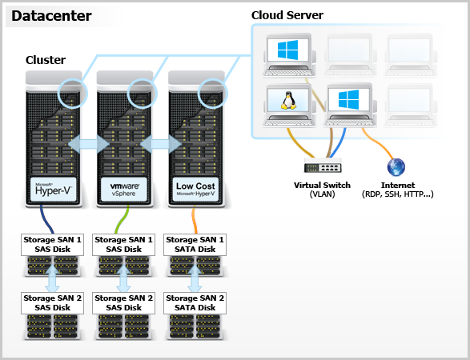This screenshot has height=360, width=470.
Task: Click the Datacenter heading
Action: [x=51, y=16]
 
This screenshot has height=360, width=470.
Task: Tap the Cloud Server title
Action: [x=287, y=15]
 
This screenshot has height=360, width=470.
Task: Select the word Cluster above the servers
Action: [x=46, y=60]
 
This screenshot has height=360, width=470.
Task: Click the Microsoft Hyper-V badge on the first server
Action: [x=54, y=190]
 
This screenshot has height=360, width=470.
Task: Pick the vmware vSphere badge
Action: [x=124, y=190]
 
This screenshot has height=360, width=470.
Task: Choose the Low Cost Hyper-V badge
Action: [x=195, y=190]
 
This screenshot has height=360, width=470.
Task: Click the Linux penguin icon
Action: [x=288, y=101]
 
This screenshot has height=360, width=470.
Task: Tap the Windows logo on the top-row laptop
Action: [x=287, y=50]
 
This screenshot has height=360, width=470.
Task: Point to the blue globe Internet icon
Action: [x=396, y=167]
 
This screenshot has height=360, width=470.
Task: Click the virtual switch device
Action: [x=323, y=166]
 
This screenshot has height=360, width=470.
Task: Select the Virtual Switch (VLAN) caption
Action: [x=322, y=190]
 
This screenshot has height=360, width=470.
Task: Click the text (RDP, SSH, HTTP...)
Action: [x=398, y=194]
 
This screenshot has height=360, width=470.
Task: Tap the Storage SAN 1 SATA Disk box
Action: [x=195, y=245]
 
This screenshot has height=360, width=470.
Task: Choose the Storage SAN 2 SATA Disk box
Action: [x=195, y=303]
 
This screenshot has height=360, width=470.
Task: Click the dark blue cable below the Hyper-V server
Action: [x=46, y=219]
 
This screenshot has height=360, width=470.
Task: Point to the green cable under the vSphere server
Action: [x=121, y=219]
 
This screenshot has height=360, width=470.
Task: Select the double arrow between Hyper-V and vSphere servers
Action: [x=89, y=144]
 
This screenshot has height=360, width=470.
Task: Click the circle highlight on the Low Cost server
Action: [x=214, y=94]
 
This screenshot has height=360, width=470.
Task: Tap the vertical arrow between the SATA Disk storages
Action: [x=195, y=279]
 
